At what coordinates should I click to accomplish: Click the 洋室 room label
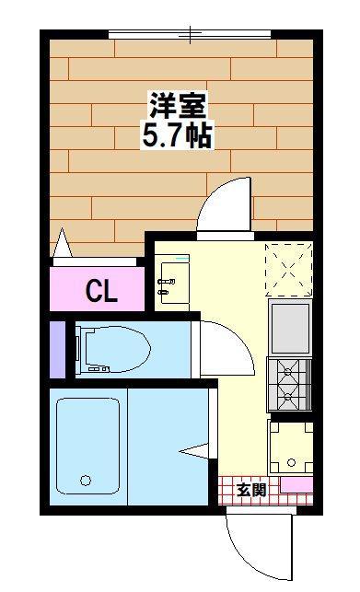tap(178, 105)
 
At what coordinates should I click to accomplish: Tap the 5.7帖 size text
tap(177, 134)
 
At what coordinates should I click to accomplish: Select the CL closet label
tap(101, 291)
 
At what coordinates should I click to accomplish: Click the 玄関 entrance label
tap(251, 490)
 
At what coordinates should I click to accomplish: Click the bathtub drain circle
tap(86, 481)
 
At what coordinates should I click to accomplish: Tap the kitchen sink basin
tap(290, 328)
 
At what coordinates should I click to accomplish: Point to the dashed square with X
tap(289, 270)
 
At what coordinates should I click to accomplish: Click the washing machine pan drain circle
tap(291, 462)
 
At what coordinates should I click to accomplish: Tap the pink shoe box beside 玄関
tap(296, 485)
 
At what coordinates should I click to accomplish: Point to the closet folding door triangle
tap(63, 243)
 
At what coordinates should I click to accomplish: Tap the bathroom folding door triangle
tap(193, 450)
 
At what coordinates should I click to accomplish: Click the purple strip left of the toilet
tap(57, 349)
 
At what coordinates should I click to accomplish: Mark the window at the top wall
tap(190, 34)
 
